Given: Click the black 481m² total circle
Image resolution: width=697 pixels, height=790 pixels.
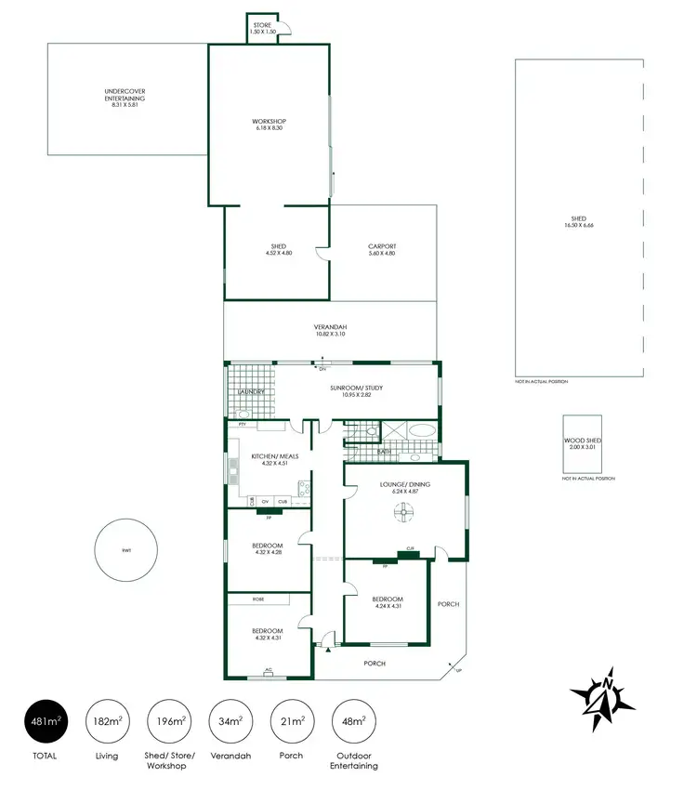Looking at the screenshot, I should (x=45, y=720).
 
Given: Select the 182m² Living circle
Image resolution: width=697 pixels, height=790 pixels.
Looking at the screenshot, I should (x=106, y=720).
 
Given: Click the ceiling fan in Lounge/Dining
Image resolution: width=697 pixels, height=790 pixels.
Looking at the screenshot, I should (x=405, y=509).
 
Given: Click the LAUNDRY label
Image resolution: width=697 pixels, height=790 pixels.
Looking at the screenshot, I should (x=252, y=392).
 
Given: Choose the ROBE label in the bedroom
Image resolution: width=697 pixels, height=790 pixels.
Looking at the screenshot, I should (x=245, y=599).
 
